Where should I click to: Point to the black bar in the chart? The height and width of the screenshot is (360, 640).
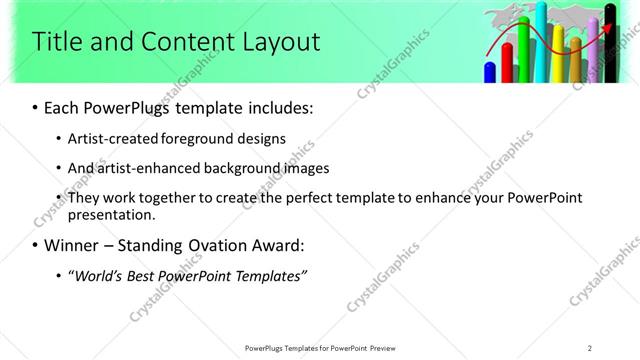pos(611,45)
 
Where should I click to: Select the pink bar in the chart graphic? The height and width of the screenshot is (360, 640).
pos(593,55)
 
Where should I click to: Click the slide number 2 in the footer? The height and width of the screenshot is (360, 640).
pos(589,347)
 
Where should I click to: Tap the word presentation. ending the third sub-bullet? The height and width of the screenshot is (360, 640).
pos(111,214)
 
